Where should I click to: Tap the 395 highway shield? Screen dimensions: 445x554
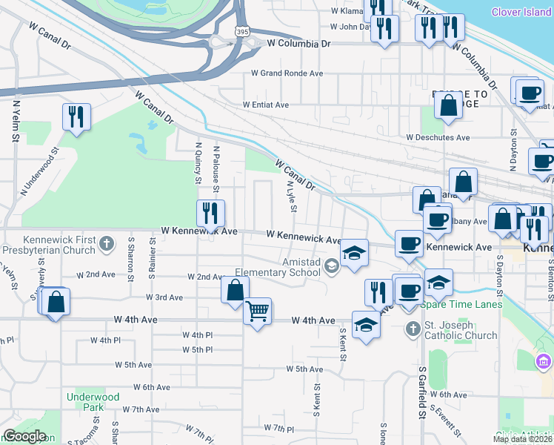coord(242,31)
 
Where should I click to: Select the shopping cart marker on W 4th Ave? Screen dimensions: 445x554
coord(257,311)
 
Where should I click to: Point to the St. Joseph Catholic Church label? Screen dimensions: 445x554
coord(460,330)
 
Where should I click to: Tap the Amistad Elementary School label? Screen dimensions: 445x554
coord(278,267)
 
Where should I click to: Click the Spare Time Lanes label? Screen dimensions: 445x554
coord(461,305)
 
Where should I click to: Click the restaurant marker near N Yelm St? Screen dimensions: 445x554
coord(76,117)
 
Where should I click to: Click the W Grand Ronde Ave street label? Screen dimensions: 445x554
coord(287,73)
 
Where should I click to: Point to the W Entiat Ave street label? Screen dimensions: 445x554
coord(265,105)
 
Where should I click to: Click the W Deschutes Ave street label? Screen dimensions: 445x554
coord(438,138)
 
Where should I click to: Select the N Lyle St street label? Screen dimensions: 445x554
coord(291,198)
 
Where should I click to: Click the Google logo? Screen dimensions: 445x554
coord(24,436)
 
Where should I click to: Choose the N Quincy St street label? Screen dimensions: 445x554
coord(198,163)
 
